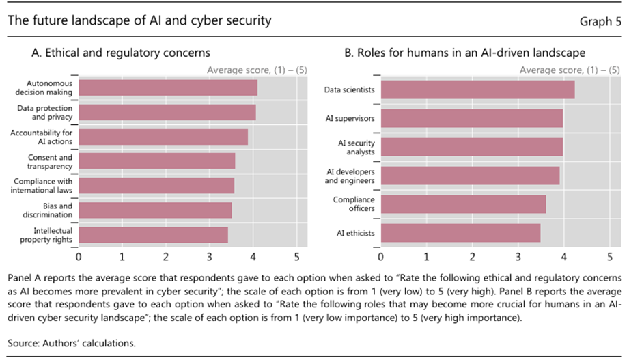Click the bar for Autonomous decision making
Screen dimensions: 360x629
point(168,88)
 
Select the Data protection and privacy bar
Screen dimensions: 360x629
point(167,113)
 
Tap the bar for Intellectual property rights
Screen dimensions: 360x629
point(153,235)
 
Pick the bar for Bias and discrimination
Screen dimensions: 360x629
point(155,210)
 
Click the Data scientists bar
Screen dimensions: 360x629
point(477,89)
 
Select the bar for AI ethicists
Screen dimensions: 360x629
point(460,233)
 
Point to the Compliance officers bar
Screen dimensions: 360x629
point(463,204)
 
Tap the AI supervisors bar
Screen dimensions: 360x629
point(472,118)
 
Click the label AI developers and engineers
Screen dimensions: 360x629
point(350,176)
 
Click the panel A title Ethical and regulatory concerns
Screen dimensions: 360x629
point(121,53)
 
